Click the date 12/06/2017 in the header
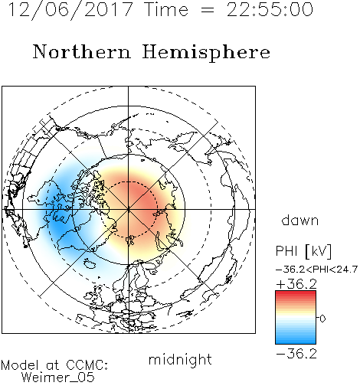click(70, 9)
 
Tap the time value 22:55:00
click(270, 9)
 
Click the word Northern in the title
click(81, 51)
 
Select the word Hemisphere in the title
click(206, 53)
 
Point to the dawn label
click(300, 220)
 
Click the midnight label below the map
click(180, 359)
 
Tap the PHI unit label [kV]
click(319, 251)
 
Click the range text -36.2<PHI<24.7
click(316, 270)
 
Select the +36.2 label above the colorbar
click(296, 284)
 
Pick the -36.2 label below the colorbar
click(296, 354)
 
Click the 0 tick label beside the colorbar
click(322, 319)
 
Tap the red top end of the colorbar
click(296, 293)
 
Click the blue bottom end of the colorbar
click(296, 342)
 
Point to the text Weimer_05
click(58, 378)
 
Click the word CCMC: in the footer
click(87, 365)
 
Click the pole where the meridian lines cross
click(129, 209)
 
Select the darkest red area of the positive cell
click(139, 197)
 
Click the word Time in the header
click(166, 9)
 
